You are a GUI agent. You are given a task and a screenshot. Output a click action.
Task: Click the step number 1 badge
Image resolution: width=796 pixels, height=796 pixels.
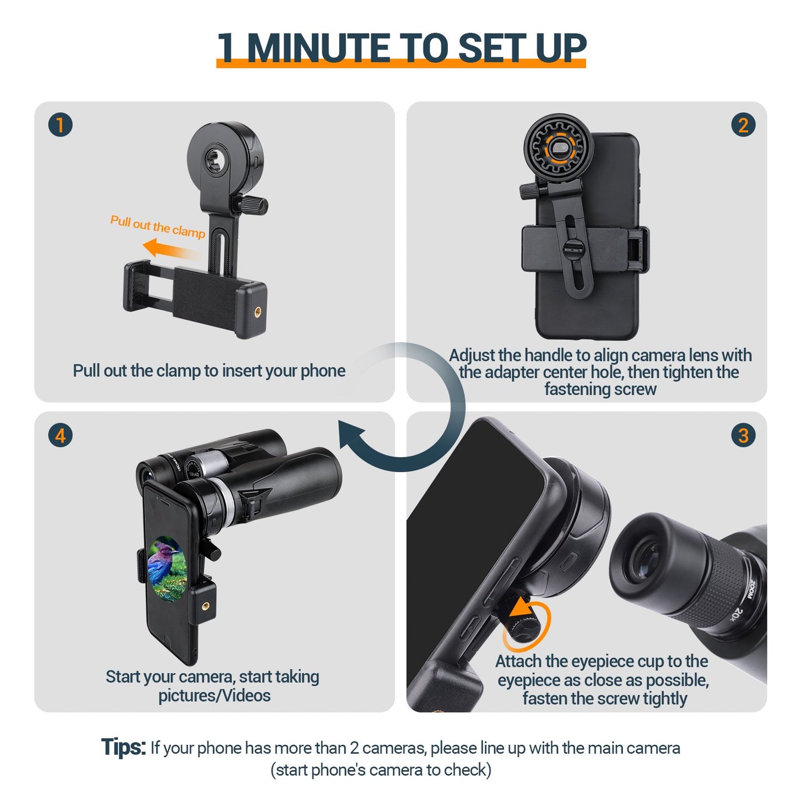(x=61, y=125)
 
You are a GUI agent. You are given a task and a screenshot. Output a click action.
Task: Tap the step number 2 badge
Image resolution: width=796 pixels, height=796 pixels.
(x=743, y=125)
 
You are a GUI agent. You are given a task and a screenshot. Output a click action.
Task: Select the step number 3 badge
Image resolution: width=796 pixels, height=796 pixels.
(x=743, y=436)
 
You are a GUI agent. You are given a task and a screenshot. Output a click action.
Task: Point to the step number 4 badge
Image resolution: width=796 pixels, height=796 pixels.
(x=61, y=436)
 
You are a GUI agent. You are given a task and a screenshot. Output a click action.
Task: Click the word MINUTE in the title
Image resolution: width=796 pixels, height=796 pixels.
(x=320, y=48)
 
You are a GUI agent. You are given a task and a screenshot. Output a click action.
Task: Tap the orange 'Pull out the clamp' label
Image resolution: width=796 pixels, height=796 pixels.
(x=158, y=226)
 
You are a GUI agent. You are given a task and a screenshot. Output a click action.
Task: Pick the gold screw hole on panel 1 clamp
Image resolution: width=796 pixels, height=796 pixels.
(x=258, y=312)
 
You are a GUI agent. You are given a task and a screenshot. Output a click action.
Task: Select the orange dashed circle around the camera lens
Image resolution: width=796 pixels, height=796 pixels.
(x=559, y=148)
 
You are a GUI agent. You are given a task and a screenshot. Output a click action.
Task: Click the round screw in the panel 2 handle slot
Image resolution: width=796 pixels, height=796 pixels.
(x=573, y=248)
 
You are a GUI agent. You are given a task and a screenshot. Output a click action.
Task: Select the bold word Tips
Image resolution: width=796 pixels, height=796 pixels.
(x=123, y=748)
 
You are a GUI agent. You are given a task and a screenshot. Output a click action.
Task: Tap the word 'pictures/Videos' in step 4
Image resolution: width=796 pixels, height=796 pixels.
(x=214, y=696)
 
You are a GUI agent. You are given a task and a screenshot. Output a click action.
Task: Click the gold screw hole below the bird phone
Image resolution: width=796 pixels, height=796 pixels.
(x=206, y=606)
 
